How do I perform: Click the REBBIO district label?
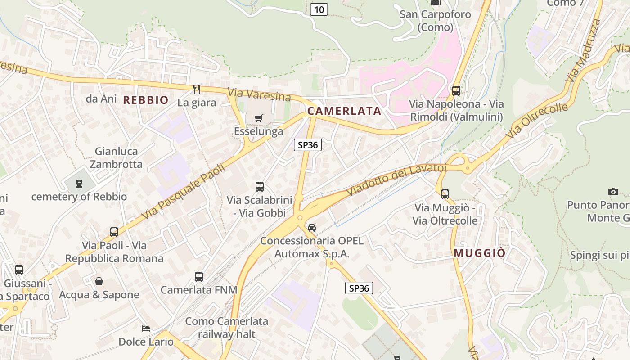(x=146, y=100)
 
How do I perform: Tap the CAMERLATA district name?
(x=344, y=111)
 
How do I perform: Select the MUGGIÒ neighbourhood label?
(x=479, y=253)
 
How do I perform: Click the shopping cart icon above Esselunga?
(x=259, y=118)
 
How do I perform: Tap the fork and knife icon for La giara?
(x=197, y=90)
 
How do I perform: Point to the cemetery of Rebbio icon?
(x=79, y=184)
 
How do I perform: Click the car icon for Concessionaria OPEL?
(x=312, y=228)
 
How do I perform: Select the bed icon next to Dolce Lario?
(x=145, y=328)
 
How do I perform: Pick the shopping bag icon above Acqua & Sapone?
(x=99, y=282)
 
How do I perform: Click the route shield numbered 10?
(x=319, y=9)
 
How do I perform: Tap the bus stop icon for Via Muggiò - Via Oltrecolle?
(x=445, y=194)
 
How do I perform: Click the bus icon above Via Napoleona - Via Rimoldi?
(x=456, y=91)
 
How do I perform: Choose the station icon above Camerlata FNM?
(x=199, y=277)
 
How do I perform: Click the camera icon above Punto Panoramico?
(x=613, y=192)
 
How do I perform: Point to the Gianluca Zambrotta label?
(x=116, y=157)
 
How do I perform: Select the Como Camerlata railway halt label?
(x=227, y=328)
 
